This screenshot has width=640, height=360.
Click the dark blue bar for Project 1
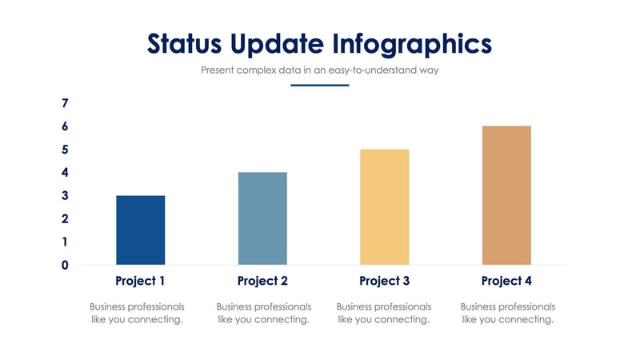click(x=140, y=230)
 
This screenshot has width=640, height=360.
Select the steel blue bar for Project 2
click(x=262, y=218)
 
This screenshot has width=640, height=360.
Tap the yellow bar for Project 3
click(x=384, y=207)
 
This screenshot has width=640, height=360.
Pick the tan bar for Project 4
click(x=506, y=195)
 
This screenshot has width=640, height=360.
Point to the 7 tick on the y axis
click(x=65, y=103)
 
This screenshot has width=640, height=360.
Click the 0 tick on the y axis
click(x=65, y=265)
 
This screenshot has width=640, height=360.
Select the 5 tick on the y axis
click(x=65, y=150)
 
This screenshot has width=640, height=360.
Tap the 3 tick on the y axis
click(x=65, y=196)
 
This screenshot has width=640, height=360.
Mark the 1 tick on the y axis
click(x=65, y=242)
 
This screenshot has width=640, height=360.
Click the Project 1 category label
click(x=140, y=281)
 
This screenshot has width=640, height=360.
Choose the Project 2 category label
click(x=262, y=281)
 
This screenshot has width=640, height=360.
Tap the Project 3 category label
click(x=384, y=281)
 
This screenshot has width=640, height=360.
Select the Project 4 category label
click(x=506, y=281)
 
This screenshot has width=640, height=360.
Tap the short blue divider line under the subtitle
click(x=319, y=85)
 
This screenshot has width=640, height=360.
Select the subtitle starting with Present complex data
click(x=319, y=70)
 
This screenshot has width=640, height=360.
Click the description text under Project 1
click(x=137, y=313)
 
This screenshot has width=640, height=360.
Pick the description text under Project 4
click(x=508, y=313)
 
